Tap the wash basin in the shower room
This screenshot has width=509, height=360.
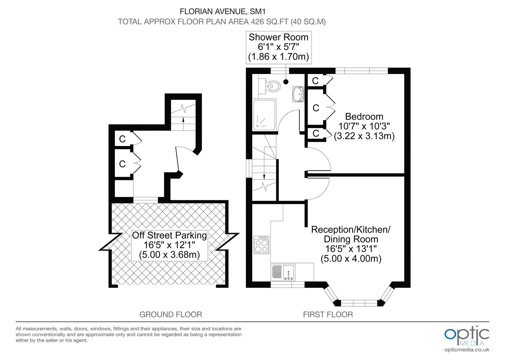(x=298, y=94)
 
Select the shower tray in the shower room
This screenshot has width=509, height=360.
(x=264, y=115)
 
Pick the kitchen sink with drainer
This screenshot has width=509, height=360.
(x=283, y=272)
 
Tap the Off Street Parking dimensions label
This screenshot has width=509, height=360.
(x=170, y=245)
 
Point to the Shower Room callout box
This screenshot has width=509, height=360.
(x=278, y=47)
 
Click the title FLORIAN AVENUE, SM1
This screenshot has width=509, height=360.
(x=223, y=11)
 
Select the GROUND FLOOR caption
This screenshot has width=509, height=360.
(x=171, y=315)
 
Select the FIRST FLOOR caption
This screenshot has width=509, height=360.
(x=328, y=315)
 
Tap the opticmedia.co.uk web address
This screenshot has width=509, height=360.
(x=467, y=350)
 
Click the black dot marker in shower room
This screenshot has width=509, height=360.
(x=286, y=82)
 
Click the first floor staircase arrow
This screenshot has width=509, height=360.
(x=264, y=173)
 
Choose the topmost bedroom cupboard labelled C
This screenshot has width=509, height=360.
(x=315, y=81)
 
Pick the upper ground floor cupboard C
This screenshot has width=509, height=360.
(x=123, y=139)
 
